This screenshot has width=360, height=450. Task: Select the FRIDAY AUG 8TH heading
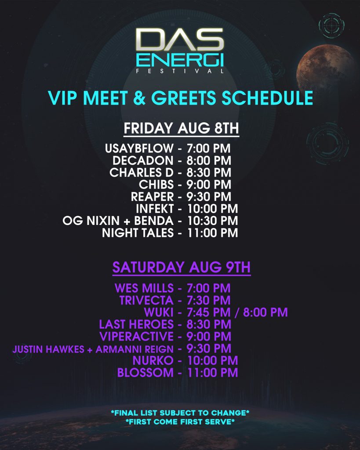coord(181,128)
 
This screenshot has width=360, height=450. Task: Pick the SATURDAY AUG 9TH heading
coord(182,267)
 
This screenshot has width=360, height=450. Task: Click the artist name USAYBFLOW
coord(139,149)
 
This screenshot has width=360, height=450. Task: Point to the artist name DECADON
coord(143,161)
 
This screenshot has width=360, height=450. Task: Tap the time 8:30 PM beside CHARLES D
coord(209,173)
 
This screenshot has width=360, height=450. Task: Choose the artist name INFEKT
coord(155,209)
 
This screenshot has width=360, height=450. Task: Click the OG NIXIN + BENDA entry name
coord(118,221)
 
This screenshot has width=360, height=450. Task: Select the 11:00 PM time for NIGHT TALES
coord(212,233)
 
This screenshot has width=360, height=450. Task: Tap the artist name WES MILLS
coord(144,288)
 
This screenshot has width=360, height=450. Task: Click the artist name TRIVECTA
coord(146,301)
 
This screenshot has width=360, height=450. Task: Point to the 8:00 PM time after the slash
coord(265,312)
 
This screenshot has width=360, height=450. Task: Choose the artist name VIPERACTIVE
coord(136,337)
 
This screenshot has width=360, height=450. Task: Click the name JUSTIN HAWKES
coord(48,349)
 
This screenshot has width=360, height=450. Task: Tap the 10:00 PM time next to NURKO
coord(212,361)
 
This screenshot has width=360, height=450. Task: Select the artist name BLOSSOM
coord(145,373)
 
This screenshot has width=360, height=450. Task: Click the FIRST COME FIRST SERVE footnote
coord(180,422)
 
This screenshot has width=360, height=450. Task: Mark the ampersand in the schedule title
coord(139,98)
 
